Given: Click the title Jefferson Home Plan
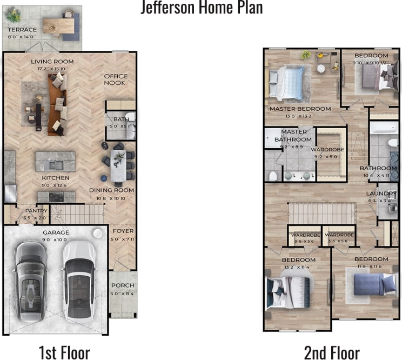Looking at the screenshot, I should (x=202, y=8).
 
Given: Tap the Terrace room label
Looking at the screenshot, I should (x=22, y=30).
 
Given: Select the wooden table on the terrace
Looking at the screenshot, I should (x=57, y=25).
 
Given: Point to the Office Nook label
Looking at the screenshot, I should (x=115, y=79).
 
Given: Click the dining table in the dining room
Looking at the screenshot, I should (x=119, y=165).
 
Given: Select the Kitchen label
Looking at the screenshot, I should (x=56, y=178).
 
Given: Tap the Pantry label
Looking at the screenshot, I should (x=36, y=211).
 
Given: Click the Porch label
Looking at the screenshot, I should (x=123, y=286).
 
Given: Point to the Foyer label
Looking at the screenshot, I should (x=123, y=231).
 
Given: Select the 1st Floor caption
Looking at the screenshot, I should (x=64, y=352).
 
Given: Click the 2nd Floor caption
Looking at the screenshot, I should (x=332, y=352).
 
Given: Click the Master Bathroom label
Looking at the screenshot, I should (x=293, y=136).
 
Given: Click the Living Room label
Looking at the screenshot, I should (x=52, y=62).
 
